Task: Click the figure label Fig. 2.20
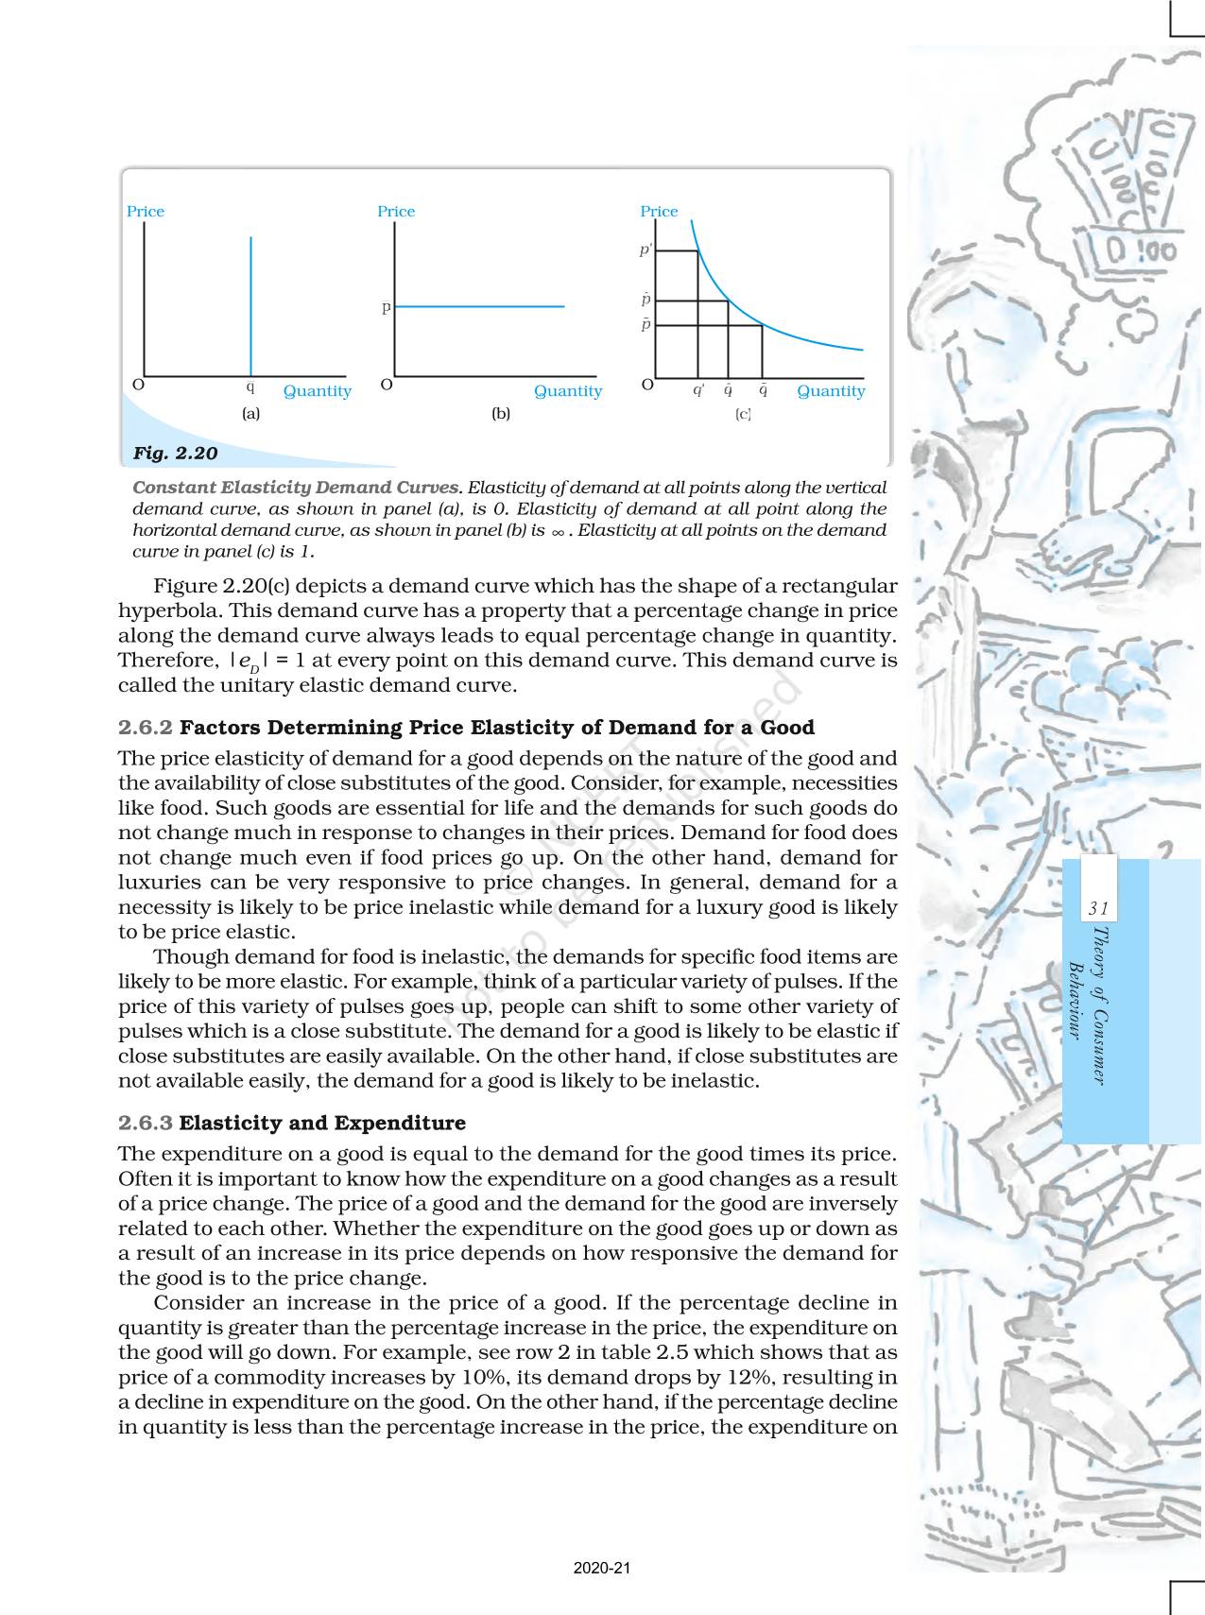click(175, 454)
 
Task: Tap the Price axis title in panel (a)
click(146, 212)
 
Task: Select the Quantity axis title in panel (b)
click(567, 391)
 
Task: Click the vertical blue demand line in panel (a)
click(250, 302)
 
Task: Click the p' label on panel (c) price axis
click(646, 250)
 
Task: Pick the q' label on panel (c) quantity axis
click(697, 390)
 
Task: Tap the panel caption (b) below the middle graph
click(500, 414)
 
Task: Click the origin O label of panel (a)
click(138, 386)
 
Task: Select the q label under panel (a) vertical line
click(250, 387)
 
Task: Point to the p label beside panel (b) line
click(386, 308)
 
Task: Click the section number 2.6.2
click(146, 728)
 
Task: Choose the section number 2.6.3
click(146, 1124)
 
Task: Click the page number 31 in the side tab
click(1097, 909)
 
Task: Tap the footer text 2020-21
click(601, 1568)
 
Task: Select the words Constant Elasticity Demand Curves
click(297, 488)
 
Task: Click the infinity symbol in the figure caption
click(558, 532)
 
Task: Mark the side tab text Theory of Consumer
click(1098, 1004)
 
